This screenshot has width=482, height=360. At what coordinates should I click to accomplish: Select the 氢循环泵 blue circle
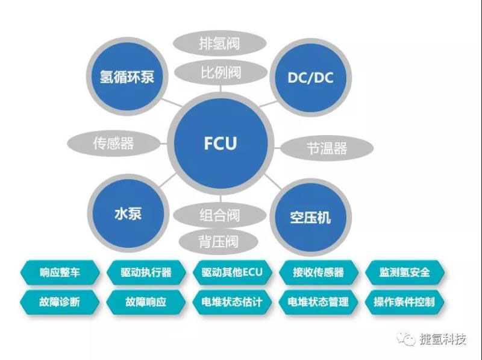click(127, 77)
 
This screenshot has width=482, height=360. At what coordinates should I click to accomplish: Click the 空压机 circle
click(310, 216)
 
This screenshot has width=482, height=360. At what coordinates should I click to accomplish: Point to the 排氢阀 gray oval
click(220, 43)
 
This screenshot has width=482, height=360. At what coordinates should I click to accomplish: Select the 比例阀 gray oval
click(220, 72)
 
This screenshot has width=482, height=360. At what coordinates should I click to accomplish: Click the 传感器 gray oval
click(113, 143)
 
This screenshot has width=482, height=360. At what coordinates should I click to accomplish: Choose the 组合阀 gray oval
click(220, 214)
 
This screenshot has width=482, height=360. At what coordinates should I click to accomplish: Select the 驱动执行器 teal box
click(146, 273)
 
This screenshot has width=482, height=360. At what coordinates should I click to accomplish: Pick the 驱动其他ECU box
click(233, 273)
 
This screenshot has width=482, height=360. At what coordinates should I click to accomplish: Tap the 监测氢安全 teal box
click(404, 273)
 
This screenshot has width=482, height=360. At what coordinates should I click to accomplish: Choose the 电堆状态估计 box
click(233, 301)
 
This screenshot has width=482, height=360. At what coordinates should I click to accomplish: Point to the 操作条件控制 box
click(404, 301)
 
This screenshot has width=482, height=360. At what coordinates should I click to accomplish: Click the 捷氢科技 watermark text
click(443, 339)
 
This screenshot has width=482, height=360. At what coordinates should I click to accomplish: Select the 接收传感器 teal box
click(319, 273)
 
